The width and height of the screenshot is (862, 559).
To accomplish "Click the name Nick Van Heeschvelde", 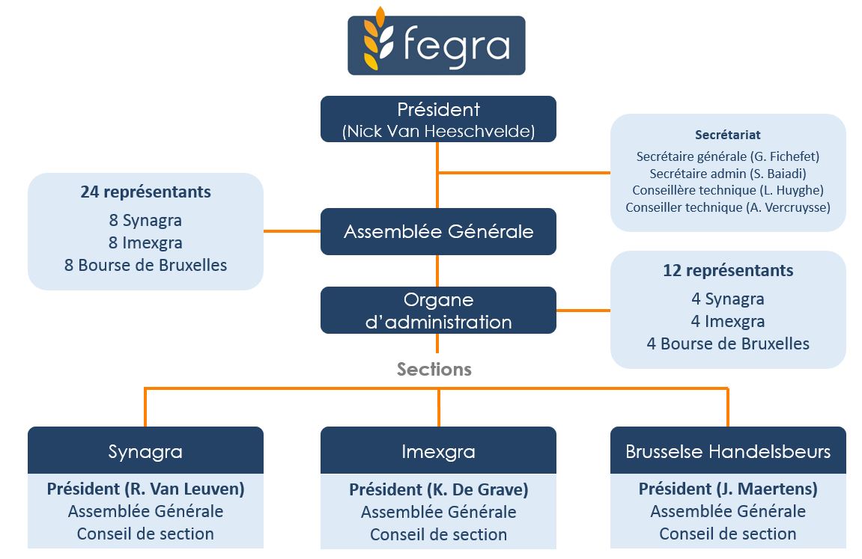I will pos(438,132).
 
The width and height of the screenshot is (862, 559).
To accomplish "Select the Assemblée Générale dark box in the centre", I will pos(438,231).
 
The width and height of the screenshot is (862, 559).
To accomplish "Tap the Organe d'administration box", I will pos(438,311).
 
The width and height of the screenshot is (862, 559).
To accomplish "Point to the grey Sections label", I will pos(434,369).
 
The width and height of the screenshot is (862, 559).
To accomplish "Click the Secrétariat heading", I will pos(727,135).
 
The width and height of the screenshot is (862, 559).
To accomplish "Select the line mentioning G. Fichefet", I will pos(727,156).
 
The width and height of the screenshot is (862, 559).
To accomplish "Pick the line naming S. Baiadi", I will pos(727,174).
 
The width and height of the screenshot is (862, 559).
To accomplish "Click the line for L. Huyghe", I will pos(727,190).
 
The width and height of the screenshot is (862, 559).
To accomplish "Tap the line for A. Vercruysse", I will pos(727,207).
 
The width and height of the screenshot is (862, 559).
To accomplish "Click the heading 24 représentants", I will pos(145,192).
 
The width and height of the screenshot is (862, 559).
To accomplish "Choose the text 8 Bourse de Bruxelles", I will pos(145,265).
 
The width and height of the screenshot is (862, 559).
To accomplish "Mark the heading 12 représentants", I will pos(727,270).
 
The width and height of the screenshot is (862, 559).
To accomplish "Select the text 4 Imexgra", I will pos(727,322).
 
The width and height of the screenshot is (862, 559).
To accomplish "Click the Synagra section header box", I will pos(145,451).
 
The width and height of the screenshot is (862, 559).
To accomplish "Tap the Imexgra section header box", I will pos(438,452).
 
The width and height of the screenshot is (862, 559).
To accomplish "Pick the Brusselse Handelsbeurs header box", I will pos(727,451).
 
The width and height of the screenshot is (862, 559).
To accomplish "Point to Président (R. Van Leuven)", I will pos(145,489).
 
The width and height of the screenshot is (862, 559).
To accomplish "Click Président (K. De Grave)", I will pos(438,490).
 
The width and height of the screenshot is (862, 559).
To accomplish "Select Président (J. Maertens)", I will pos(727,489).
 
